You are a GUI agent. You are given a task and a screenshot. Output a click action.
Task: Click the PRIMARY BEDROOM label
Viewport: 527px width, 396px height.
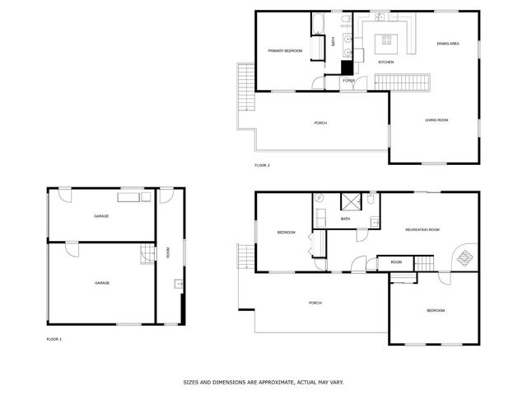click(x=285, y=51)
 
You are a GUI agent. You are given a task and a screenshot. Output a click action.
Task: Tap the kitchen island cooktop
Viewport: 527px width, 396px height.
click(x=385, y=40)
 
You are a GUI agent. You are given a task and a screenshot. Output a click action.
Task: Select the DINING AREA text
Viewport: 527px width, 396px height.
click(x=448, y=44)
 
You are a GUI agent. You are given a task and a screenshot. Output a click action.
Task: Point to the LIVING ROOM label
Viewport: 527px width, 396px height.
click(x=436, y=120)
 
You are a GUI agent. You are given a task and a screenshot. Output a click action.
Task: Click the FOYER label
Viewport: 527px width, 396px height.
click(x=349, y=81)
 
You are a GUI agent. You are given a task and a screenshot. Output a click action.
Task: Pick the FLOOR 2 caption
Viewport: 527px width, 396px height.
click(x=263, y=166)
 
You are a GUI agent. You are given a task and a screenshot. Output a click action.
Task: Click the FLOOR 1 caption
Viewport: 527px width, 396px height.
click(x=54, y=339)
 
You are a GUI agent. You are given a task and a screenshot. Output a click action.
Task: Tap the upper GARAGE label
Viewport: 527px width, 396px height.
click(x=101, y=216)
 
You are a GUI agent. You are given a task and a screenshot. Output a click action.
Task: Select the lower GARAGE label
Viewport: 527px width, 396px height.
click(x=102, y=282)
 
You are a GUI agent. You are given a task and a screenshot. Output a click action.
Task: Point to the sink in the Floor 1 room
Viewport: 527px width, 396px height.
click(x=178, y=285)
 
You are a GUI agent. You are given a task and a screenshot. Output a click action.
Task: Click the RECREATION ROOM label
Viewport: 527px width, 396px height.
click(x=422, y=229)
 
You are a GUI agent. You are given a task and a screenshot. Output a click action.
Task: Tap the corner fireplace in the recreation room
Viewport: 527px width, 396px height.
click(x=465, y=258)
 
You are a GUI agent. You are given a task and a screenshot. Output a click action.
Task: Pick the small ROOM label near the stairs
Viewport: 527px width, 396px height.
click(x=396, y=262)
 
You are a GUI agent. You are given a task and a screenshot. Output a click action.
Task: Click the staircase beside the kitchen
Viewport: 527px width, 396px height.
click(x=403, y=82)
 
